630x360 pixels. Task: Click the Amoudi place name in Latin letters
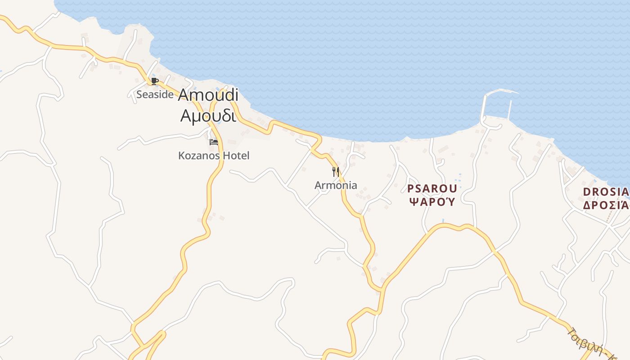coord(208,95)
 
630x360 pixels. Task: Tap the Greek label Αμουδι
coord(208,116)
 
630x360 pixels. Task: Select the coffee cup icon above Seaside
coord(154,81)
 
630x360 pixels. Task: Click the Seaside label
coord(155,94)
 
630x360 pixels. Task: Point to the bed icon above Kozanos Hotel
coord(214,142)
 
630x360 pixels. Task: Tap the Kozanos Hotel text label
coord(214,156)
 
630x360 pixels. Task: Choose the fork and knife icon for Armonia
coord(336,171)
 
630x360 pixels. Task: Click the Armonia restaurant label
coord(336,185)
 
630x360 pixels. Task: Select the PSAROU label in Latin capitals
coord(432,189)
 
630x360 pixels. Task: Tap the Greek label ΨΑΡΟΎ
coord(432,201)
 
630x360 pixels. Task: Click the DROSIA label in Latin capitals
coord(605,192)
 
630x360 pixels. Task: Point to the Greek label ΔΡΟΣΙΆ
coord(605,205)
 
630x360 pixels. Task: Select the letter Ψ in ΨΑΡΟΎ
coord(414,201)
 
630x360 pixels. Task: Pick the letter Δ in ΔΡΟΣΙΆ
coord(587,205)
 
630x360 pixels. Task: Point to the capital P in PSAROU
coord(410,189)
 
